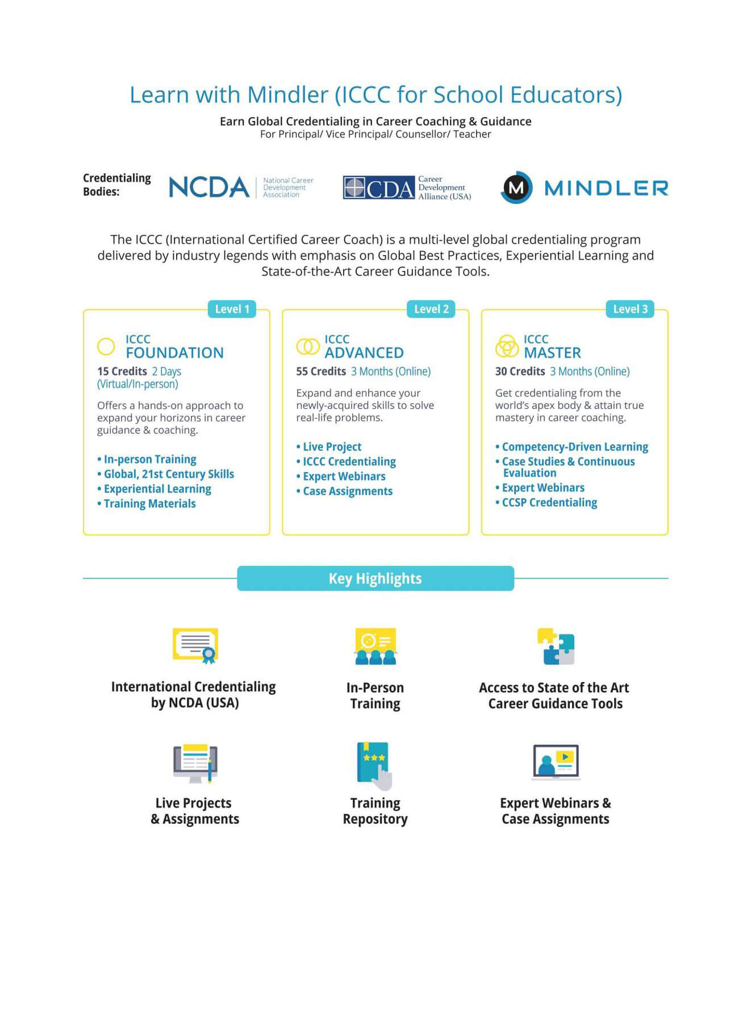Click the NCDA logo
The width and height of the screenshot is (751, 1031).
tap(210, 187)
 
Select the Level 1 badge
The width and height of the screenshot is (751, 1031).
tap(232, 309)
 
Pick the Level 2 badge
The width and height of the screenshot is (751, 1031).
tap(431, 309)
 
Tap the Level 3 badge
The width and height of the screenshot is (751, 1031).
tap(630, 309)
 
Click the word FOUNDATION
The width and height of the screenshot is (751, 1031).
tap(174, 353)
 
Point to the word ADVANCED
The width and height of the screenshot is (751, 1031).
tap(364, 353)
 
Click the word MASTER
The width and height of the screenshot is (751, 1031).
tap(552, 353)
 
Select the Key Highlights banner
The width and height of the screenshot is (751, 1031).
tap(375, 578)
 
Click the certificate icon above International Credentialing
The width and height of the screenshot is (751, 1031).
tap(195, 646)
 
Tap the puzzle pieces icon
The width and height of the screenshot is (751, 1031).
tap(556, 646)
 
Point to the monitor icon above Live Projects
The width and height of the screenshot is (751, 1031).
tap(195, 763)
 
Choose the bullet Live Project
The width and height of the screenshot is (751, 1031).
tap(332, 447)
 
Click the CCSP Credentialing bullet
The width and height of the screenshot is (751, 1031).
tap(549, 503)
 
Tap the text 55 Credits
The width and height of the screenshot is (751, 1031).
tap(321, 372)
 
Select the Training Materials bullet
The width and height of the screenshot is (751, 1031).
tap(149, 504)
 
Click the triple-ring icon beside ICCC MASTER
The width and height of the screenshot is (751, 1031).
tap(507, 346)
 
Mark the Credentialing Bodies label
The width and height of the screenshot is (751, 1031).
tap(116, 185)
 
